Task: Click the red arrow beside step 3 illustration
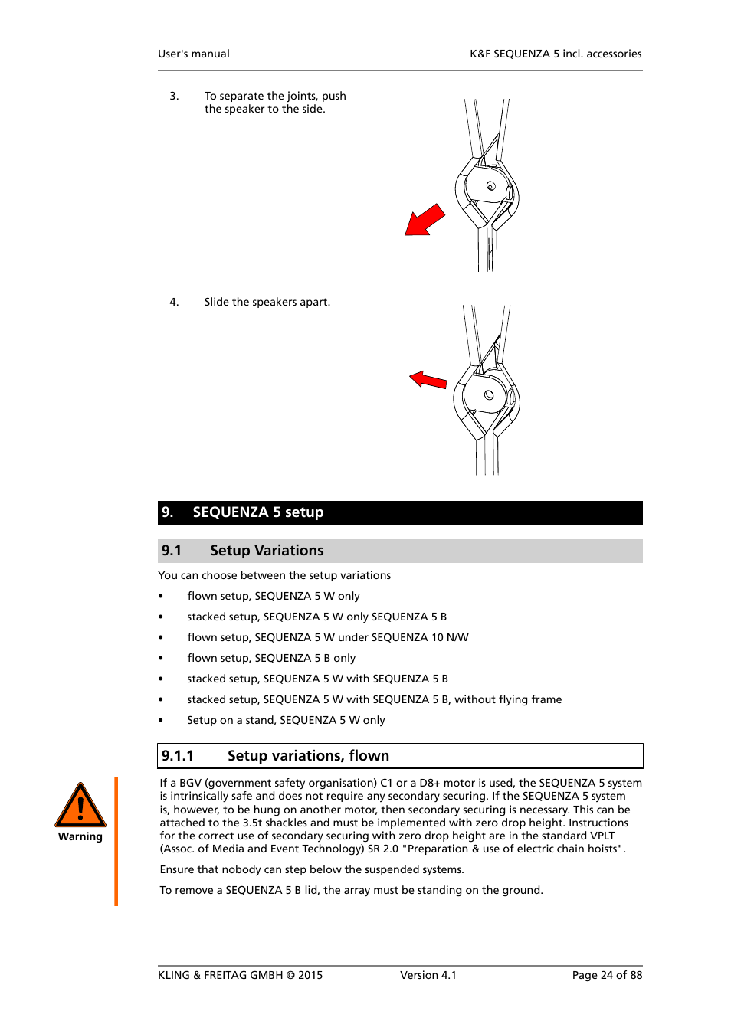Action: tap(424, 221)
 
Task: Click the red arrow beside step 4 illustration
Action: tap(428, 380)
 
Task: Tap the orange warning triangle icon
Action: tap(80, 806)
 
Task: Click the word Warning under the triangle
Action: tap(80, 836)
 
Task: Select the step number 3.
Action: tap(174, 96)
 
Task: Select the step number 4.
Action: tap(174, 302)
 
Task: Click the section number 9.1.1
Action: tap(178, 756)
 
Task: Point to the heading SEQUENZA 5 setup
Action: tap(257, 512)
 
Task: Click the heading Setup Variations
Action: tap(267, 551)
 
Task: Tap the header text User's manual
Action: tap(194, 54)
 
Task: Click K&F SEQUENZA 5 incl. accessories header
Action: tap(556, 54)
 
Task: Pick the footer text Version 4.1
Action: tap(428, 975)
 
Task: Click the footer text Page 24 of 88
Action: tap(607, 975)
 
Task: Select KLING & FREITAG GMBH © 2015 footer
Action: tap(240, 975)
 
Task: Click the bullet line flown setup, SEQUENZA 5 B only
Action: tap(271, 658)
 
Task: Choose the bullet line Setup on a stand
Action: tap(286, 720)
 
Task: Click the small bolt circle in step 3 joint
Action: tap(491, 186)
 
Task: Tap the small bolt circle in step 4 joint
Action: tap(489, 395)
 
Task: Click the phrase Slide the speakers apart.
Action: tap(267, 302)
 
